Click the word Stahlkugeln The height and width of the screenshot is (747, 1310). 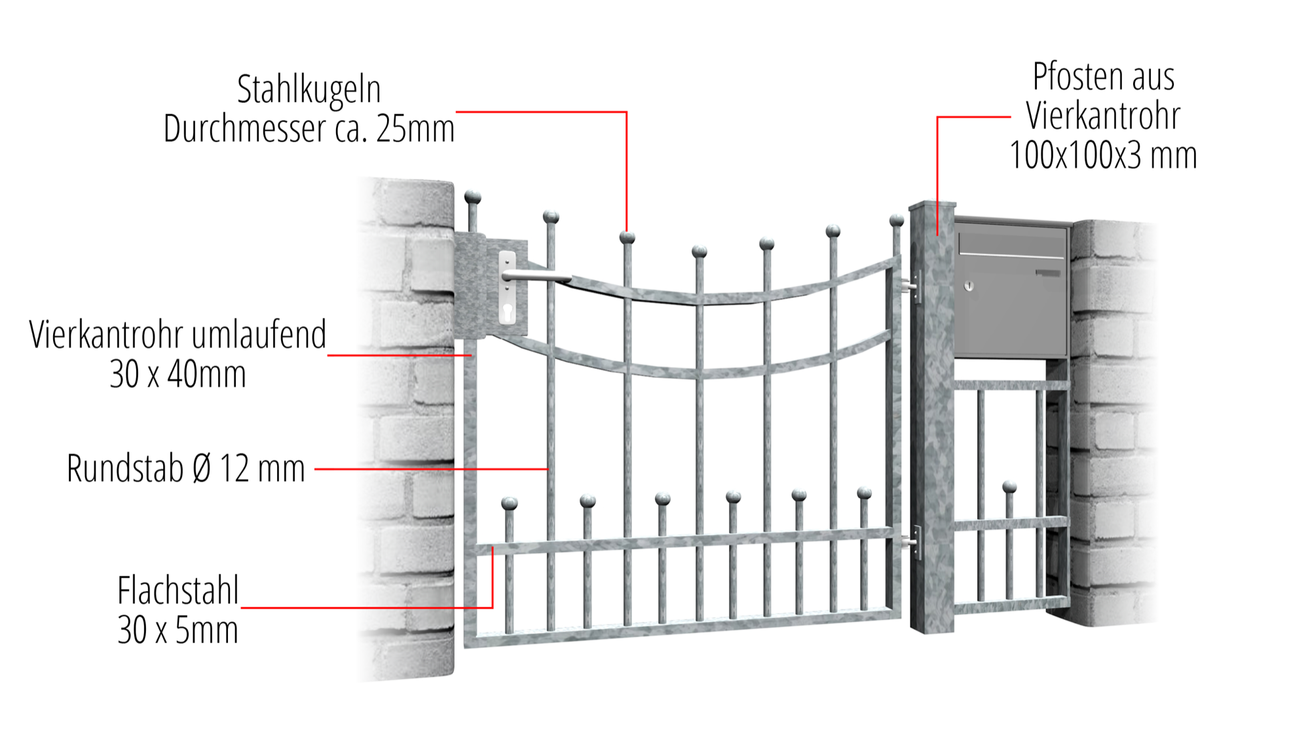click(x=309, y=89)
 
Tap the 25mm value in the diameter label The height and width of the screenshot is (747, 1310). click(x=415, y=128)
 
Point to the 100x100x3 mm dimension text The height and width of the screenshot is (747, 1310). click(x=1103, y=155)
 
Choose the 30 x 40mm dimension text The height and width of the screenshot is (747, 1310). click(x=178, y=374)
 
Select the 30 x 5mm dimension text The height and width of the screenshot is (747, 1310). click(x=178, y=630)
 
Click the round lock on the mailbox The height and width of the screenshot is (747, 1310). click(x=969, y=286)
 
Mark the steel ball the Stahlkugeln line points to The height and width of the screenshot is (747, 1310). click(x=627, y=237)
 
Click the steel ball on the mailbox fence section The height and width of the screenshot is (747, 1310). click(x=1009, y=487)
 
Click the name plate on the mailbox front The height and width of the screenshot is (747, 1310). click(x=1048, y=273)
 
